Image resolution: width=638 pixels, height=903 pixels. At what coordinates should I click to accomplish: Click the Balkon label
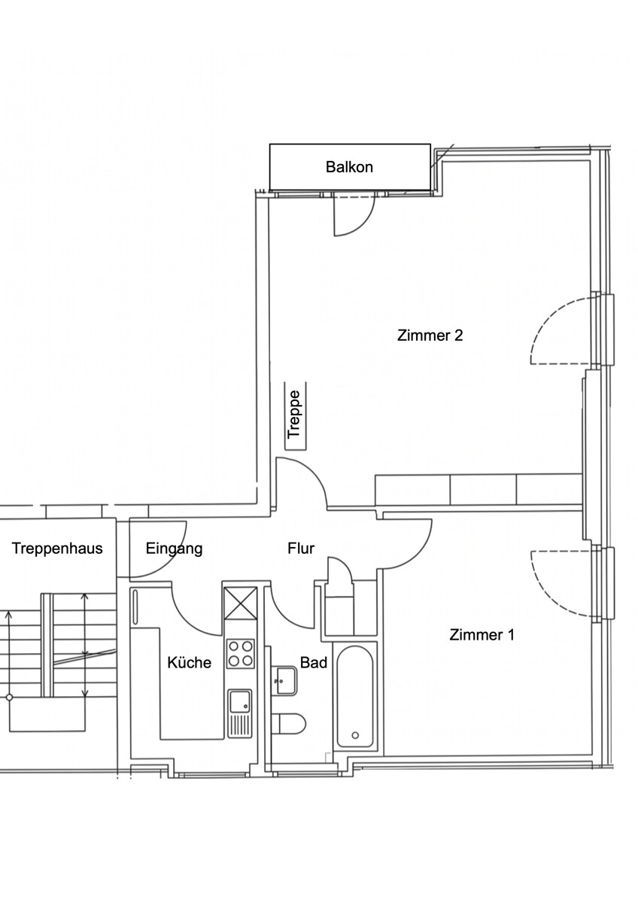click(349, 167)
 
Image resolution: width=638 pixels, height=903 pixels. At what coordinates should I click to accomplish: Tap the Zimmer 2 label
click(430, 335)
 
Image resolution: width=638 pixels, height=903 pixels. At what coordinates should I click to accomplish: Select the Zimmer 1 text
click(482, 634)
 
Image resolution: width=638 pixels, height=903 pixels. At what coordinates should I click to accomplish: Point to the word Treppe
click(294, 415)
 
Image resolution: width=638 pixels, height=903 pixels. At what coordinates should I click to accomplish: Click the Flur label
click(301, 549)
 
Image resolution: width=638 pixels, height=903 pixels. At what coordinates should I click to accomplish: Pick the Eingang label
click(174, 549)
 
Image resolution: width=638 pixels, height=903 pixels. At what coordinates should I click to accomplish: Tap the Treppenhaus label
click(57, 549)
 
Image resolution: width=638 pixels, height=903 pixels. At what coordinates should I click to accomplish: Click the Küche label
click(189, 662)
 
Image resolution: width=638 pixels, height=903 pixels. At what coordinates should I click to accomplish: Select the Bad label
click(314, 662)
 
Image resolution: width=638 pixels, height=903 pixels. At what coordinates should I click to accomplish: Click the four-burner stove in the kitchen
click(241, 653)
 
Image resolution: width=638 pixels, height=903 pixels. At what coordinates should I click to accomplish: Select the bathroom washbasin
click(286, 680)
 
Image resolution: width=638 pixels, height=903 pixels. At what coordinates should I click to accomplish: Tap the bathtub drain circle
click(355, 735)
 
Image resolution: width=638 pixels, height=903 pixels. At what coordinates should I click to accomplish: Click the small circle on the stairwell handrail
click(9, 697)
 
